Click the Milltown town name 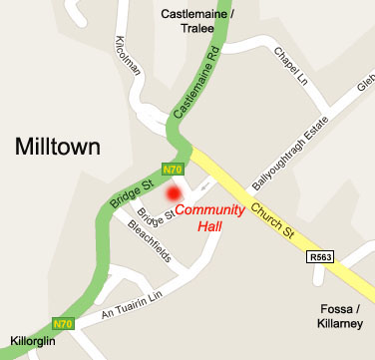pyautogui.click(x=58, y=148)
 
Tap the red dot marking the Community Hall pyautogui.click(x=174, y=193)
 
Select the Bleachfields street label pyautogui.click(x=151, y=240)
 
